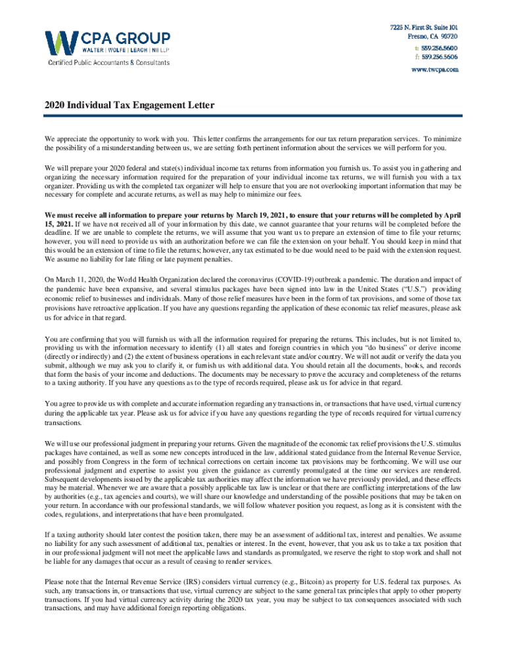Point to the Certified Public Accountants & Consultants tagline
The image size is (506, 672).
click(107, 63)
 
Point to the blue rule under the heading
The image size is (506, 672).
click(253, 117)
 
